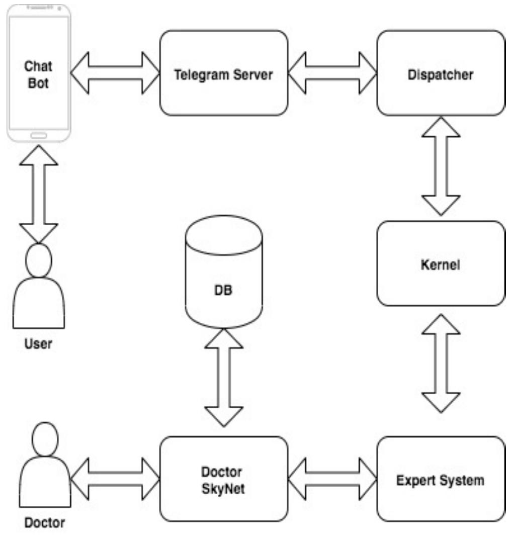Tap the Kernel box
pos(441,263)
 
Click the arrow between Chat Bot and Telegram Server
pos(115,73)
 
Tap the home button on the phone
pos(39,135)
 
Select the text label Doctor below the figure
pos(44,523)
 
